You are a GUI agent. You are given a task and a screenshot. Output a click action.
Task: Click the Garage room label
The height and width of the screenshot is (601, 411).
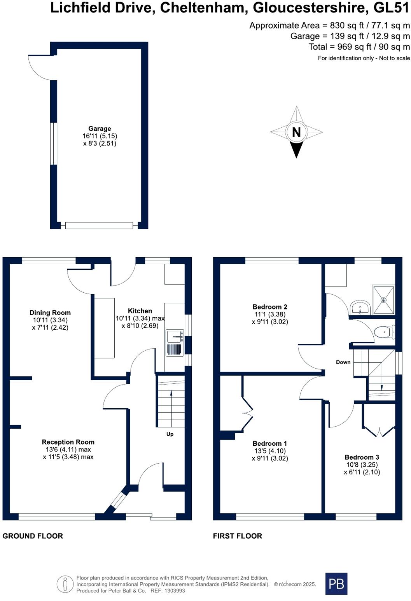100,128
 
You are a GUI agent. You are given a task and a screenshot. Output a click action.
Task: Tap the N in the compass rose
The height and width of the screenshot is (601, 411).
296,132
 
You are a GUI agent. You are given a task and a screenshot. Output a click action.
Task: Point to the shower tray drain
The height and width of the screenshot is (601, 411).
384,300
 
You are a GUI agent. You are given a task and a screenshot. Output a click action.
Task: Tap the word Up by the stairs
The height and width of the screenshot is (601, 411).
170,434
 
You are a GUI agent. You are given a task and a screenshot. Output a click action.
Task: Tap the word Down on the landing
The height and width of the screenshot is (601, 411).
343,362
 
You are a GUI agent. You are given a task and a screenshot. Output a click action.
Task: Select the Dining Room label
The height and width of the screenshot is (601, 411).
50,313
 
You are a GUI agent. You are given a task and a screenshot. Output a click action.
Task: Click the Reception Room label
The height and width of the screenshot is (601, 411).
68,442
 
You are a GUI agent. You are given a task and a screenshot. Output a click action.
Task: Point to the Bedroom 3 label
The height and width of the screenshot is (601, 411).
362,457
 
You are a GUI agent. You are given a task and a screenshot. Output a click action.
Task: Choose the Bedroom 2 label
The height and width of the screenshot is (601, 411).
270,307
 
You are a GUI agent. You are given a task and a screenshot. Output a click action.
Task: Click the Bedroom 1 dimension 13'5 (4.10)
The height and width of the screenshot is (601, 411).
270,451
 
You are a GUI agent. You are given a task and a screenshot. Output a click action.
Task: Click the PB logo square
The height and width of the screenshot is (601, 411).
336,583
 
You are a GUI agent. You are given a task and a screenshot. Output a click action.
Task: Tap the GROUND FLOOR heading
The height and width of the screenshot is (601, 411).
33,536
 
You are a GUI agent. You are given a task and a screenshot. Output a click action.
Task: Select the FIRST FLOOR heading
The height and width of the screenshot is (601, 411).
238,536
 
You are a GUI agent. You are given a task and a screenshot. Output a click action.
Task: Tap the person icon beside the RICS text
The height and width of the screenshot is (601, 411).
65,584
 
